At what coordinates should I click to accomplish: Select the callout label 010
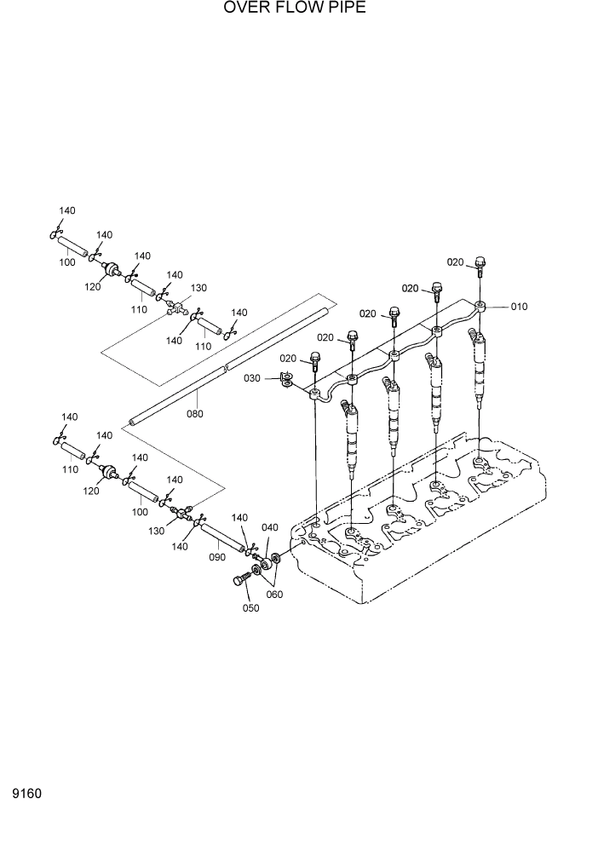point(520,308)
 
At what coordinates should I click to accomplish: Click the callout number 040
point(270,529)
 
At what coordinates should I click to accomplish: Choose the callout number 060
point(274,595)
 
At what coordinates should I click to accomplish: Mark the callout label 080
point(194,414)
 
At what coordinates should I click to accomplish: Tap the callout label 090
point(216,557)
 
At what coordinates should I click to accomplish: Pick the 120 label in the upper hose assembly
point(93,287)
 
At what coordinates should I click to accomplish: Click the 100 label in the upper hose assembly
point(67,262)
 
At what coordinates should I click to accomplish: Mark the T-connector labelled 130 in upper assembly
point(175,306)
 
